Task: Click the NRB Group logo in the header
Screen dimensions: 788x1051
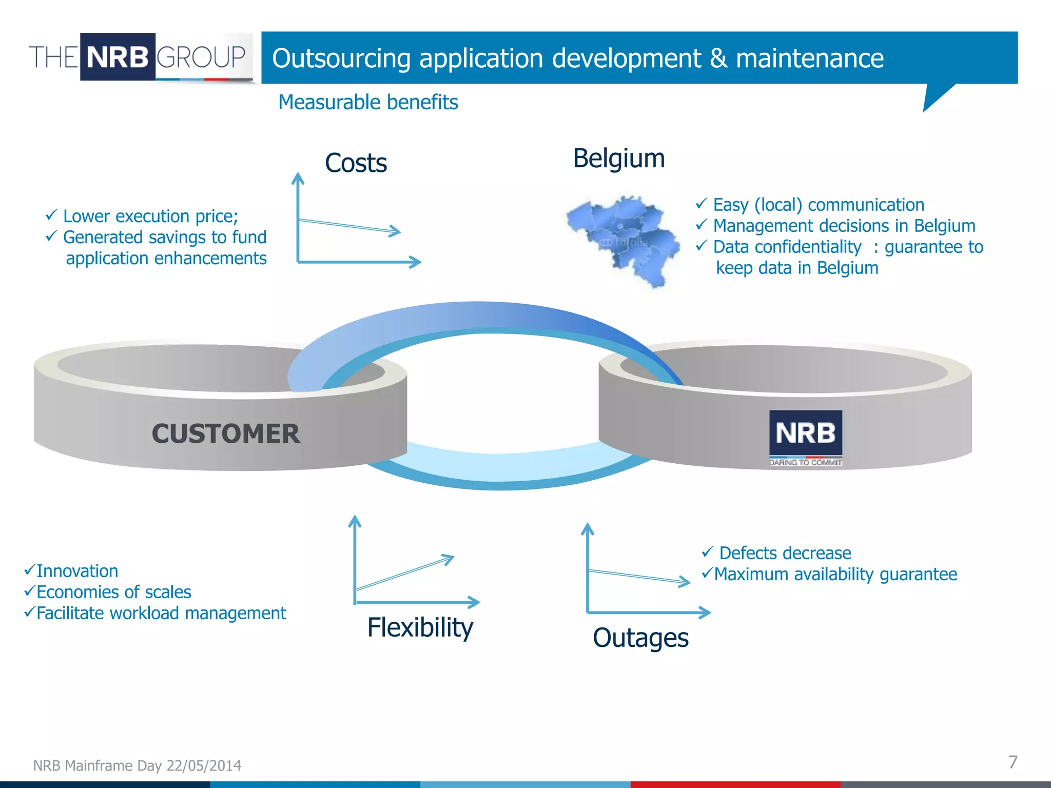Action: (x=139, y=57)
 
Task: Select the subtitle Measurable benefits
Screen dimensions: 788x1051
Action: (x=368, y=102)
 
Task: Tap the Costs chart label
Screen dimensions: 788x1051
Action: (x=356, y=163)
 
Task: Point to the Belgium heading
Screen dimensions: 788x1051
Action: (x=619, y=158)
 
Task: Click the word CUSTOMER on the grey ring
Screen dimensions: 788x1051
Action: (x=226, y=434)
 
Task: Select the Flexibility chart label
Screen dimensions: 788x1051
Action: (x=420, y=627)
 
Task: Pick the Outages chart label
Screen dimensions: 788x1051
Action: (x=640, y=638)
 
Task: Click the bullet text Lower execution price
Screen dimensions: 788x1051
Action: (x=150, y=216)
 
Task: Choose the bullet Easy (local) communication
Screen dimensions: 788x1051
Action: (x=819, y=205)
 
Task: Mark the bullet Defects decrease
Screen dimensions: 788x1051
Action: (x=785, y=553)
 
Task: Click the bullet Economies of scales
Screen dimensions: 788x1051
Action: (x=113, y=592)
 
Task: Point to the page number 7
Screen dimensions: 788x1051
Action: (x=1013, y=762)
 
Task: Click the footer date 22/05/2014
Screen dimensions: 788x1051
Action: (x=204, y=765)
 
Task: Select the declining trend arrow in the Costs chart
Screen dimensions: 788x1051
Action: (x=349, y=226)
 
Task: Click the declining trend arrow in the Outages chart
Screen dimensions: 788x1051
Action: (x=639, y=577)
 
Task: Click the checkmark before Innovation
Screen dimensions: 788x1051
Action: (x=29, y=569)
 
